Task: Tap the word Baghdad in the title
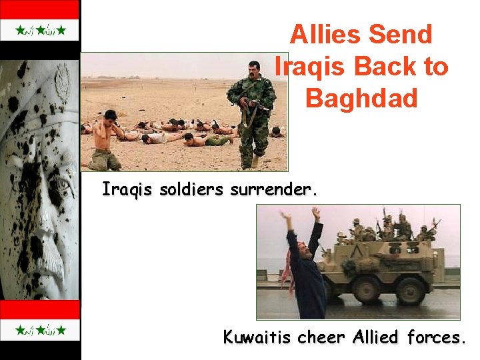pos(361,98)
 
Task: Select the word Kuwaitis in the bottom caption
pos(257,337)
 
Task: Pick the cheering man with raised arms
pos(304,267)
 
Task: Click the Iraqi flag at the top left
pos(39,30)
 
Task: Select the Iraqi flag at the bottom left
pos(39,329)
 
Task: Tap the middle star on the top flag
pos(39,30)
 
